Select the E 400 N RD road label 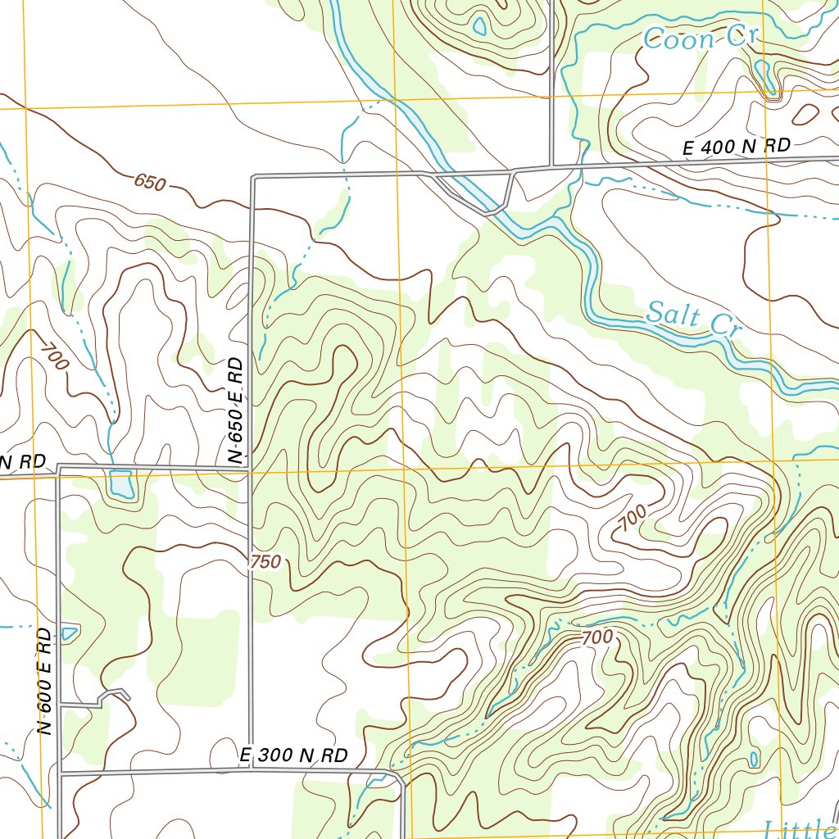point(737,147)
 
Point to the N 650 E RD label point(237,411)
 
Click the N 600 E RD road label point(46,680)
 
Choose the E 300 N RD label point(294,755)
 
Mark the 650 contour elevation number point(150,182)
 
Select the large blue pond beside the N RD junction point(121,483)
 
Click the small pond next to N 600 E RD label point(70,633)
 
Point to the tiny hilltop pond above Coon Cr point(479,27)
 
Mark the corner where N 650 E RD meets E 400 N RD point(253,177)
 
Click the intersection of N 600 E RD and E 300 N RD point(60,772)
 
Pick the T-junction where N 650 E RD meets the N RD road point(249,469)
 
